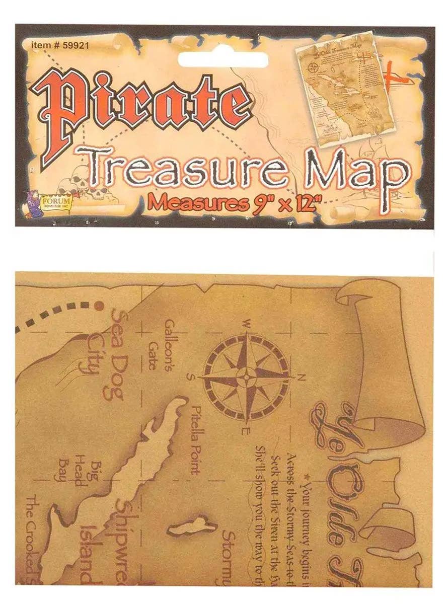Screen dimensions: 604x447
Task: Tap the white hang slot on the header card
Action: [223, 59]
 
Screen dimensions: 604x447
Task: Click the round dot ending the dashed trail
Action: [99, 305]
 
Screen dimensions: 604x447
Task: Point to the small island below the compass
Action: [192, 527]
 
